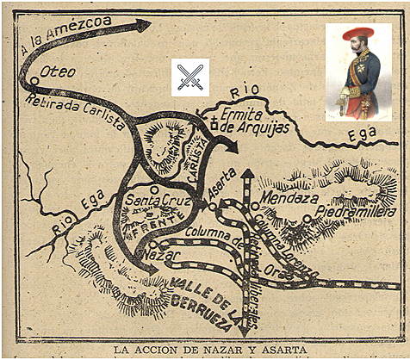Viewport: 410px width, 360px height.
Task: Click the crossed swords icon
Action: [x=188, y=75]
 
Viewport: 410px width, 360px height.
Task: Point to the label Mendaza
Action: [x=292, y=196]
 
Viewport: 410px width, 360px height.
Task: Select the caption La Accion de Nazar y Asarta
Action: [x=204, y=349]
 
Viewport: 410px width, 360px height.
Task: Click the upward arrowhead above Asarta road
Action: [x=247, y=176]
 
